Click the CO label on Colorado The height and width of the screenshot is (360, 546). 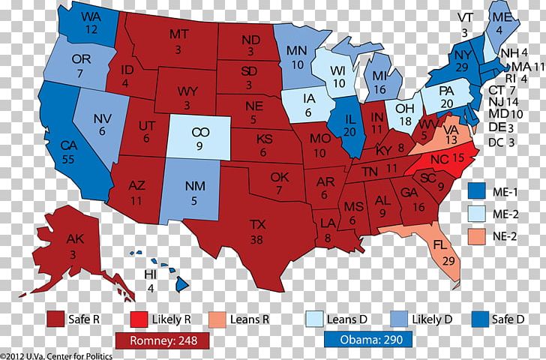click(199, 132)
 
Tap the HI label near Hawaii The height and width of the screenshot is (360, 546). click(150, 274)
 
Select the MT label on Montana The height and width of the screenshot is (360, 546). click(178, 34)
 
